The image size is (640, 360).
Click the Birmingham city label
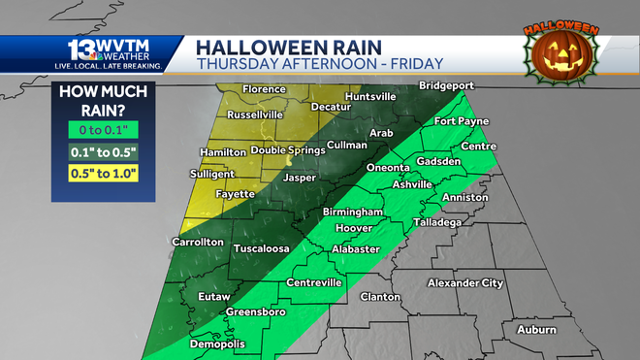(353, 212)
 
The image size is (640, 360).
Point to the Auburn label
(536, 330)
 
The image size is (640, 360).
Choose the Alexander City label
(465, 283)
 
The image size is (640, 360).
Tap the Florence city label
(264, 89)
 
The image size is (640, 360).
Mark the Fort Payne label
(461, 121)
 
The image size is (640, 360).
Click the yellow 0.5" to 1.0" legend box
(104, 174)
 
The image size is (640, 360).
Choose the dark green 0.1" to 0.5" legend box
(104, 150)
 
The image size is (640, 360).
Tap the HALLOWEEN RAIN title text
(289, 46)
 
